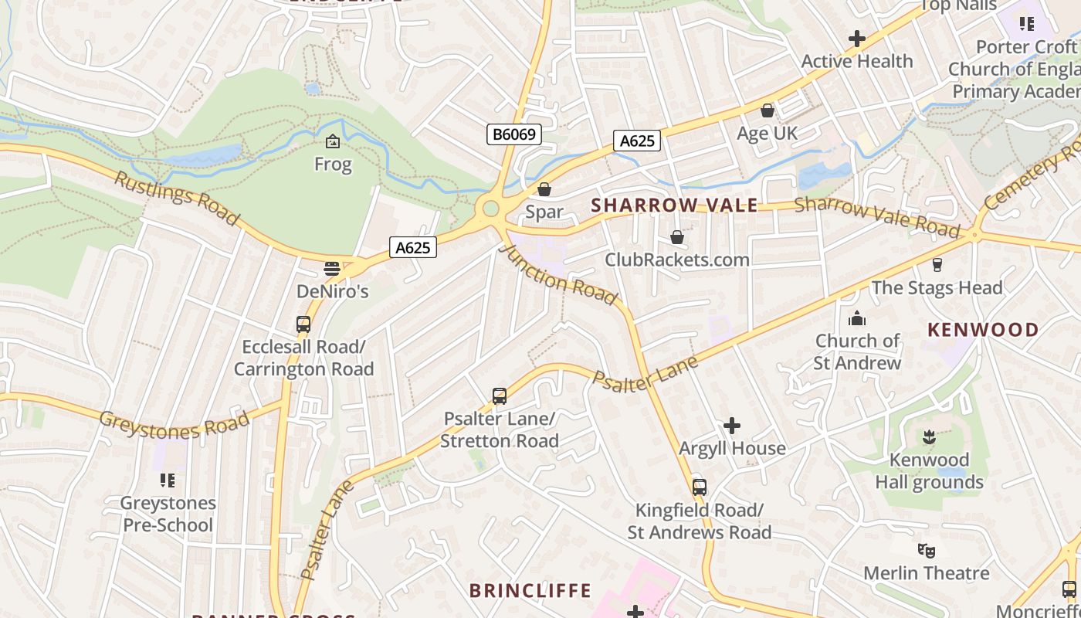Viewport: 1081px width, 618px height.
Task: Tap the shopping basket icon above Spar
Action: click(x=544, y=189)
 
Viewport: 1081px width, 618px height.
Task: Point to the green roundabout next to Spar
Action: click(x=490, y=208)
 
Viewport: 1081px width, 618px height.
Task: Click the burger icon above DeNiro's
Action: click(x=332, y=269)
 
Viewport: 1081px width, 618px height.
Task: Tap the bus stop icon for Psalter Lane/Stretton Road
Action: click(x=500, y=396)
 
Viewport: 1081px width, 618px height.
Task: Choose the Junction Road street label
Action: click(x=558, y=275)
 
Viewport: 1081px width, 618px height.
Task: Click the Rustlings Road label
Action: click(x=177, y=198)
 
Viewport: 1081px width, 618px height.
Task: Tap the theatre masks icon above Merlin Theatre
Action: click(x=927, y=551)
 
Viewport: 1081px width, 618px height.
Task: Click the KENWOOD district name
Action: click(x=983, y=330)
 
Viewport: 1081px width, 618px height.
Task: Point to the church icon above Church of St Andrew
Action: click(x=857, y=318)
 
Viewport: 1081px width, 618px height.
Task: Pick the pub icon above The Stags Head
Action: click(x=937, y=265)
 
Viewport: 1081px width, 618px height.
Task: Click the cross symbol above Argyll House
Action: click(x=731, y=426)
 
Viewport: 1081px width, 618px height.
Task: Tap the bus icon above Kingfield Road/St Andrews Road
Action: click(x=699, y=487)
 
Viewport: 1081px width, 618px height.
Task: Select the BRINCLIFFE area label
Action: click(x=530, y=591)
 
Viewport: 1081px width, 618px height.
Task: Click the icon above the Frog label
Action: click(x=333, y=141)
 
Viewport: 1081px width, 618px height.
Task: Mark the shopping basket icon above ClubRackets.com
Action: click(x=677, y=237)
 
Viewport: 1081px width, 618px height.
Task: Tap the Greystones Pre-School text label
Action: click(x=168, y=514)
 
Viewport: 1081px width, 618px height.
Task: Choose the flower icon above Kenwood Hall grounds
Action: click(x=929, y=438)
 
